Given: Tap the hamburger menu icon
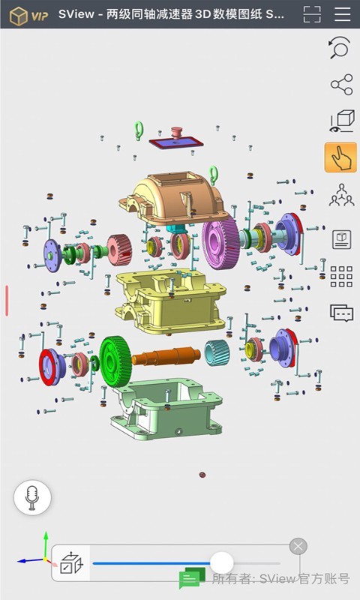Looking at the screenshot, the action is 343,14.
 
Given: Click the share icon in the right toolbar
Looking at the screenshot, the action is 342,85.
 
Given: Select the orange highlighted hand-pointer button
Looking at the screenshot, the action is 340,157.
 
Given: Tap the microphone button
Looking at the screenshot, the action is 32,497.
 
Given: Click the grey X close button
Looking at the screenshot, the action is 298,546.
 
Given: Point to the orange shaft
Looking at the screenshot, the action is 166,355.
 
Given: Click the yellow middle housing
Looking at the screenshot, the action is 170,301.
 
